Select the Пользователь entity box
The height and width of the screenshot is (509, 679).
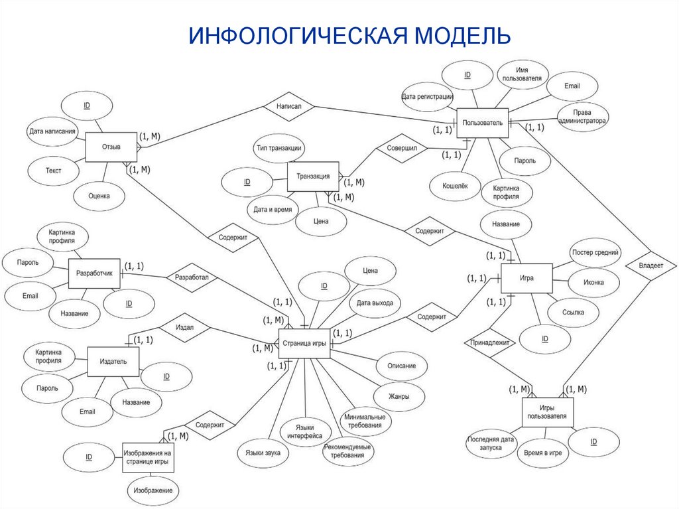(482, 123)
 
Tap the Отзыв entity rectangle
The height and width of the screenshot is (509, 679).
(111, 147)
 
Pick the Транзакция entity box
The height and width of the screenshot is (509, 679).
(313, 177)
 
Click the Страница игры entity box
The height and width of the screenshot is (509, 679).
(304, 343)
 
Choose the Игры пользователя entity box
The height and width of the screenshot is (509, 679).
(547, 411)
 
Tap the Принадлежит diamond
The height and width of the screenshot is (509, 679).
(490, 344)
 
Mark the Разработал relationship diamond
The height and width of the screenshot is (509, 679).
(192, 278)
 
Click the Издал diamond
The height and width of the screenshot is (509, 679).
(184, 328)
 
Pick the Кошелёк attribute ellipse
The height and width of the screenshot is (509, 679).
(455, 186)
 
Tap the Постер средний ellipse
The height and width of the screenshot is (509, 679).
(595, 253)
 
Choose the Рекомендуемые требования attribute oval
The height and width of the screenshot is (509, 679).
(348, 452)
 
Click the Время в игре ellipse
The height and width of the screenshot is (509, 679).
(542, 452)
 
